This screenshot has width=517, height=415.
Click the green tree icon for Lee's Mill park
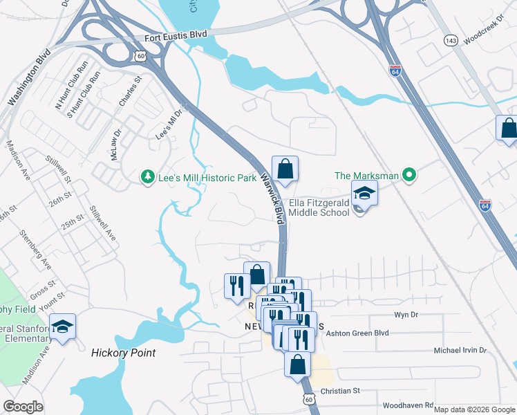click(x=147, y=178)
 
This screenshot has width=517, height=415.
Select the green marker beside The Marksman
click(x=409, y=176)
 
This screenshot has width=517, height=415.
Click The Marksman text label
click(x=366, y=176)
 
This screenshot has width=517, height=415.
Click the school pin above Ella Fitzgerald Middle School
click(x=365, y=194)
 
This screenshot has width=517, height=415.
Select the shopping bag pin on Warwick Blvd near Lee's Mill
click(x=285, y=169)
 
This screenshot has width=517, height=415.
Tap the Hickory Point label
click(x=123, y=353)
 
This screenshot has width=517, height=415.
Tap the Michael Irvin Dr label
click(x=460, y=351)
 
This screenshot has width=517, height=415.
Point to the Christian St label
click(x=341, y=390)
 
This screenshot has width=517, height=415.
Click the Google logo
click(x=24, y=407)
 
